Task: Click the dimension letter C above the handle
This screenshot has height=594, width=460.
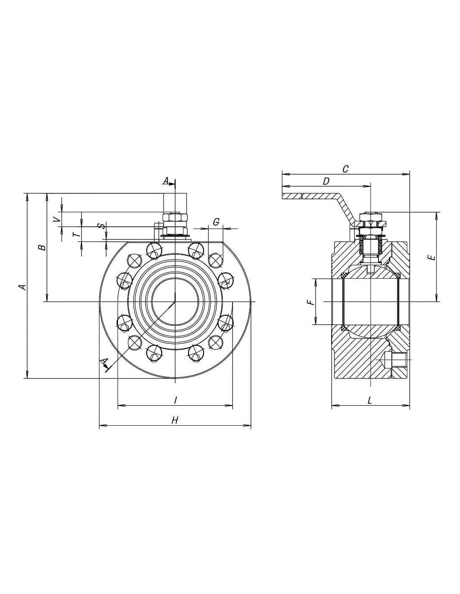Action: (x=345, y=169)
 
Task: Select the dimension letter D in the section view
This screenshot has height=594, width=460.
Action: (x=326, y=181)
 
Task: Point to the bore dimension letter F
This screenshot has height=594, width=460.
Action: (x=309, y=302)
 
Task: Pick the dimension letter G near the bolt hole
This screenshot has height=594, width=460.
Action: (x=216, y=222)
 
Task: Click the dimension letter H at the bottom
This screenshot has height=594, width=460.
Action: (x=175, y=420)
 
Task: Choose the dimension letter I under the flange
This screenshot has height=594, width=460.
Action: (x=175, y=400)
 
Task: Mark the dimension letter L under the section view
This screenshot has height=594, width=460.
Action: (x=370, y=401)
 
